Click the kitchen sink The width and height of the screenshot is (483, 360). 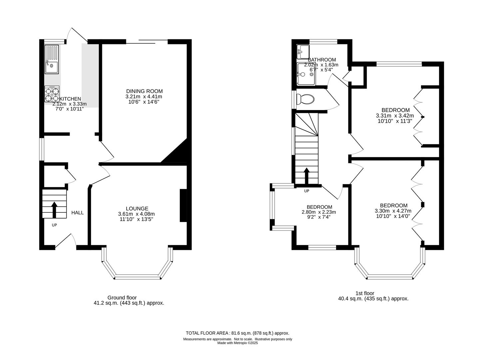click(52, 59)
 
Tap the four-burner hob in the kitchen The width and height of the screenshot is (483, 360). click(52, 94)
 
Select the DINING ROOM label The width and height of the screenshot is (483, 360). click(144, 91)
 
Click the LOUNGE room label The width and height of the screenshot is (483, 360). click(137, 209)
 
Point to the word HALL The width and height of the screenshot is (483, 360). click(78, 213)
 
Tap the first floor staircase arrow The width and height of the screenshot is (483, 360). click(306, 176)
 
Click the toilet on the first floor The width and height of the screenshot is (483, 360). click(305, 99)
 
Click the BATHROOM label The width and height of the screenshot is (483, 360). click(322, 60)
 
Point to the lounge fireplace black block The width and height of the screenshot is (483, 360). click(183, 205)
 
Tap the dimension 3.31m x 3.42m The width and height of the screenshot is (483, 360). click(395, 116)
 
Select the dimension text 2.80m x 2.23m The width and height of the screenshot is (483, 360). click(319, 212)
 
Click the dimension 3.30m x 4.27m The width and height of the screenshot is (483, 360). click(393, 211)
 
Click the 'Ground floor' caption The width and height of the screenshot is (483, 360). click(122, 298)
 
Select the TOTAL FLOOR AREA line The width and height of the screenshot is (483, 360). click(238, 333)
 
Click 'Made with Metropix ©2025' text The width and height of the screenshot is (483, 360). click(238, 343)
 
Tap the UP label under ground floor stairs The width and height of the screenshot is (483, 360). click(54, 225)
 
